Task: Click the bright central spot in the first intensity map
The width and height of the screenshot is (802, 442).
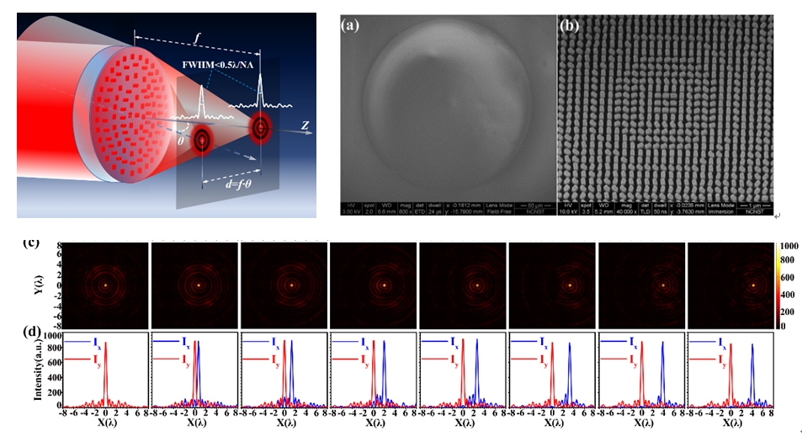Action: [x=106, y=285]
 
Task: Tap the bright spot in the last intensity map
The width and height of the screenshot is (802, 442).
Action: [x=752, y=285]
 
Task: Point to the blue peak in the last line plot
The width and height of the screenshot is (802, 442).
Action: [x=752, y=345]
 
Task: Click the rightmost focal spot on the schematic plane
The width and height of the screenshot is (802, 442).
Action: [x=261, y=128]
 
